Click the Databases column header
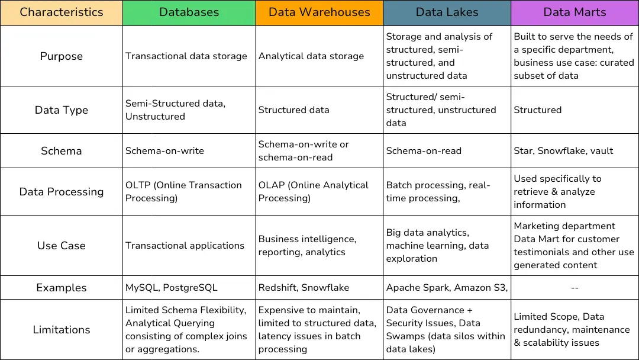pos(189,12)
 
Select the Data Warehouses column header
pos(319,12)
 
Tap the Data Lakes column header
pos(447,12)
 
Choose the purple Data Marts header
pos(575,12)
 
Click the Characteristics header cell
pos(61,12)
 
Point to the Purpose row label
pos(61,56)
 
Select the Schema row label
pos(61,150)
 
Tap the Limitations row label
pos(61,330)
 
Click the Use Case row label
pos(61,245)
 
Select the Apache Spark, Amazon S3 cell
pos(447,288)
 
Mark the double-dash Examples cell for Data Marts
pos(575,288)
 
